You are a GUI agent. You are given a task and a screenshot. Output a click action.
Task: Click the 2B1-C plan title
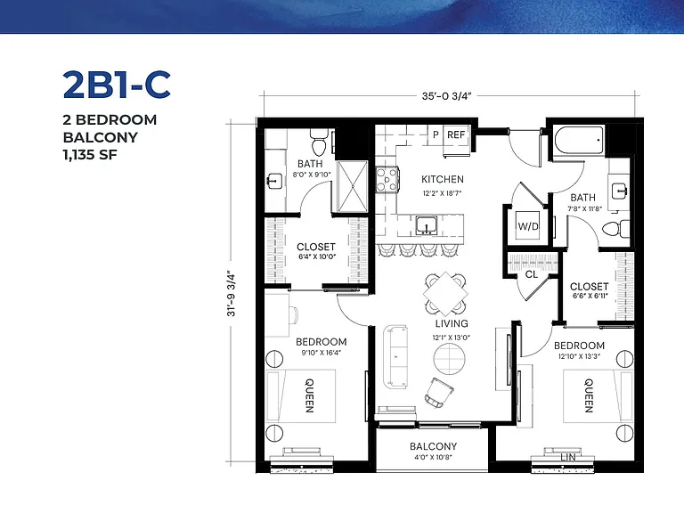(x=117, y=85)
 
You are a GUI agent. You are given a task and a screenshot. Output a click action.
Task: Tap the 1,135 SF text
(x=90, y=155)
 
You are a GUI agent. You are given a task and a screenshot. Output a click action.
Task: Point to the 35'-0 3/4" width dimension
(x=447, y=95)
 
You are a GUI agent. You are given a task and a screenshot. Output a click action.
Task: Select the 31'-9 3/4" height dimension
(x=232, y=295)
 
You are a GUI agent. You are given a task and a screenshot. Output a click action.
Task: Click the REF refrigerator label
(x=456, y=134)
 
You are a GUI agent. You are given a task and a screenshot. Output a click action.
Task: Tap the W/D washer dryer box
(x=528, y=225)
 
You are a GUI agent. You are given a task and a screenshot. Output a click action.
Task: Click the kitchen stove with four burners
(x=387, y=180)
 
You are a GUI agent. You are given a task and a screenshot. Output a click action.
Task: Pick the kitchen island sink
(x=427, y=225)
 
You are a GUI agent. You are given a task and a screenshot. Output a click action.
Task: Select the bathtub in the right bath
(x=578, y=140)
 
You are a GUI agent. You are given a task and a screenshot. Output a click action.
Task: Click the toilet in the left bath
(x=319, y=142)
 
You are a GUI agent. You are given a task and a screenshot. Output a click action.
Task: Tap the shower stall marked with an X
(x=353, y=187)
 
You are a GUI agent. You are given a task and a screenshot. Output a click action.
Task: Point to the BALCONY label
(x=433, y=446)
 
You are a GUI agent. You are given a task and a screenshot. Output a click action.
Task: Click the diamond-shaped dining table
(x=445, y=294)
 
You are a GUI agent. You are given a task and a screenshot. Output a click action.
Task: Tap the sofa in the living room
(x=396, y=357)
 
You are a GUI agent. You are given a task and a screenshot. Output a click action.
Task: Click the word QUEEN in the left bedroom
(x=309, y=395)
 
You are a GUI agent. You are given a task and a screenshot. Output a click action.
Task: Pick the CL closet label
(x=532, y=274)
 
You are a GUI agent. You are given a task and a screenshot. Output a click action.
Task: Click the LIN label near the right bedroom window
(x=568, y=457)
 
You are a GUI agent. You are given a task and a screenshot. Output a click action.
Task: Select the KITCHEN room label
(x=443, y=179)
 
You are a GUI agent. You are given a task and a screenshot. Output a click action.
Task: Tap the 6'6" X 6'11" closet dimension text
(x=589, y=297)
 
